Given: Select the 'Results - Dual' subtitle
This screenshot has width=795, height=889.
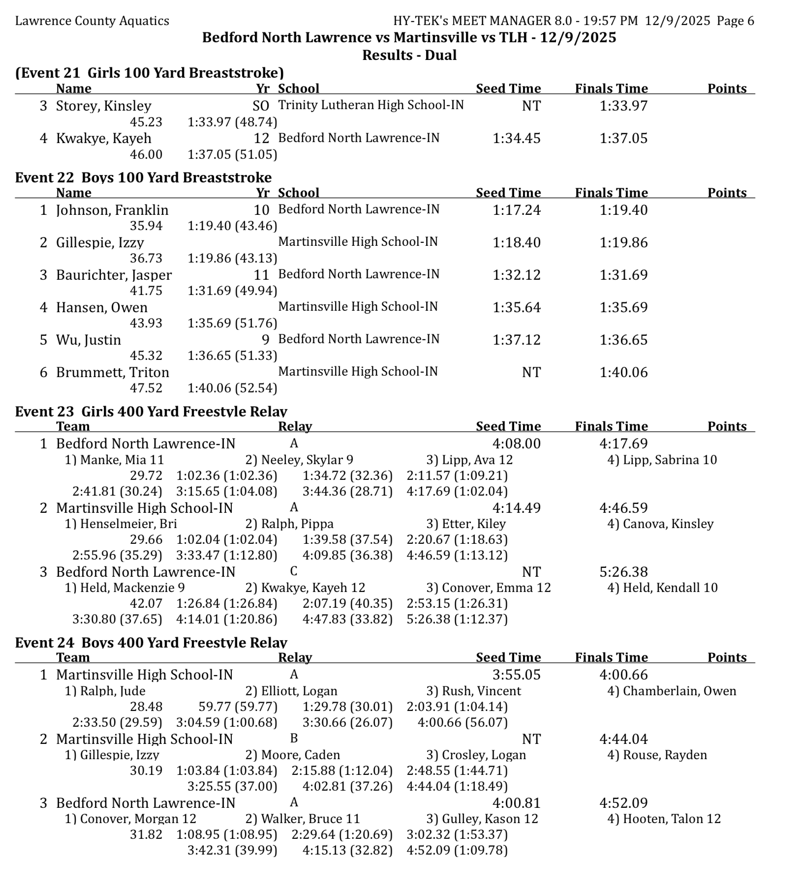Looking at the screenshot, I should tap(409, 55).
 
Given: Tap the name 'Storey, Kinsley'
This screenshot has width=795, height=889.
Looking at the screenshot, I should tap(103, 106).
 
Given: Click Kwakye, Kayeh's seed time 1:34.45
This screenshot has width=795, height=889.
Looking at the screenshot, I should tap(516, 138).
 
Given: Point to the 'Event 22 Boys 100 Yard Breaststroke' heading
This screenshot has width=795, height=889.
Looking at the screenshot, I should tap(143, 177).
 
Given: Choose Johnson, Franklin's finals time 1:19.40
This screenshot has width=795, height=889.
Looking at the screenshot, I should tap(623, 210).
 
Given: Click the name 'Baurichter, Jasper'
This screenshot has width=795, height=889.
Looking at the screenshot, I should tap(114, 275).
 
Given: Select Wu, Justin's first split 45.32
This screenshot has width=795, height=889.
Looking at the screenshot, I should tap(146, 356).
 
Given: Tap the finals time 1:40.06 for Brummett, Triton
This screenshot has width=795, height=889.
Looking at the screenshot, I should tap(623, 372).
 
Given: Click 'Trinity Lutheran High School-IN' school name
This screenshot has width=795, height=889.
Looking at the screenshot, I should tap(371, 105).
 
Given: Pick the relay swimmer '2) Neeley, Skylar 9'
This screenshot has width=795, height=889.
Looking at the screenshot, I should tap(299, 460).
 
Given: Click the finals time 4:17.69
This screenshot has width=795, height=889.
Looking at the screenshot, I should tap(623, 444).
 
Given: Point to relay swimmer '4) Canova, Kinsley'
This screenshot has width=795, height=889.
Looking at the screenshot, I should tap(660, 524).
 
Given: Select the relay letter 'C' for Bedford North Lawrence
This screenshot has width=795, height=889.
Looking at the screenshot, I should tap(294, 571).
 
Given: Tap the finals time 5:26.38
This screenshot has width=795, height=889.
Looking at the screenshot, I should tap(623, 572).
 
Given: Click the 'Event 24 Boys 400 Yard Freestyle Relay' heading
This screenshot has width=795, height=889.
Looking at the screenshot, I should tap(151, 642).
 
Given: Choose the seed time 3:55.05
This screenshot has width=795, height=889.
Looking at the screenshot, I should tap(516, 675).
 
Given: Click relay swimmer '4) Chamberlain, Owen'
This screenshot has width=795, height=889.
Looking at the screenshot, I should tap(672, 691).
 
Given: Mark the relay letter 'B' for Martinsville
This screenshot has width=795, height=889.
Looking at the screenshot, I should tap(294, 738).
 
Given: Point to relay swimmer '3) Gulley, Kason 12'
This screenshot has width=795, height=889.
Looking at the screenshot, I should tap(482, 819).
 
